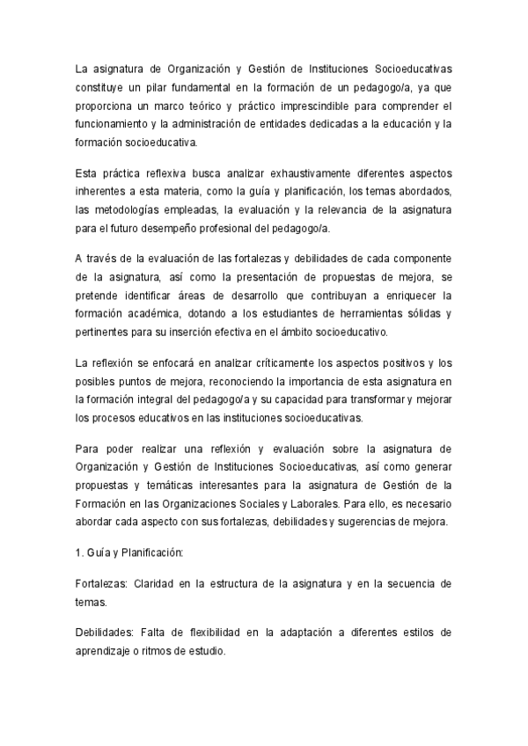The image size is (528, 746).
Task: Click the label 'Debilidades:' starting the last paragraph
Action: (x=105, y=636)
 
